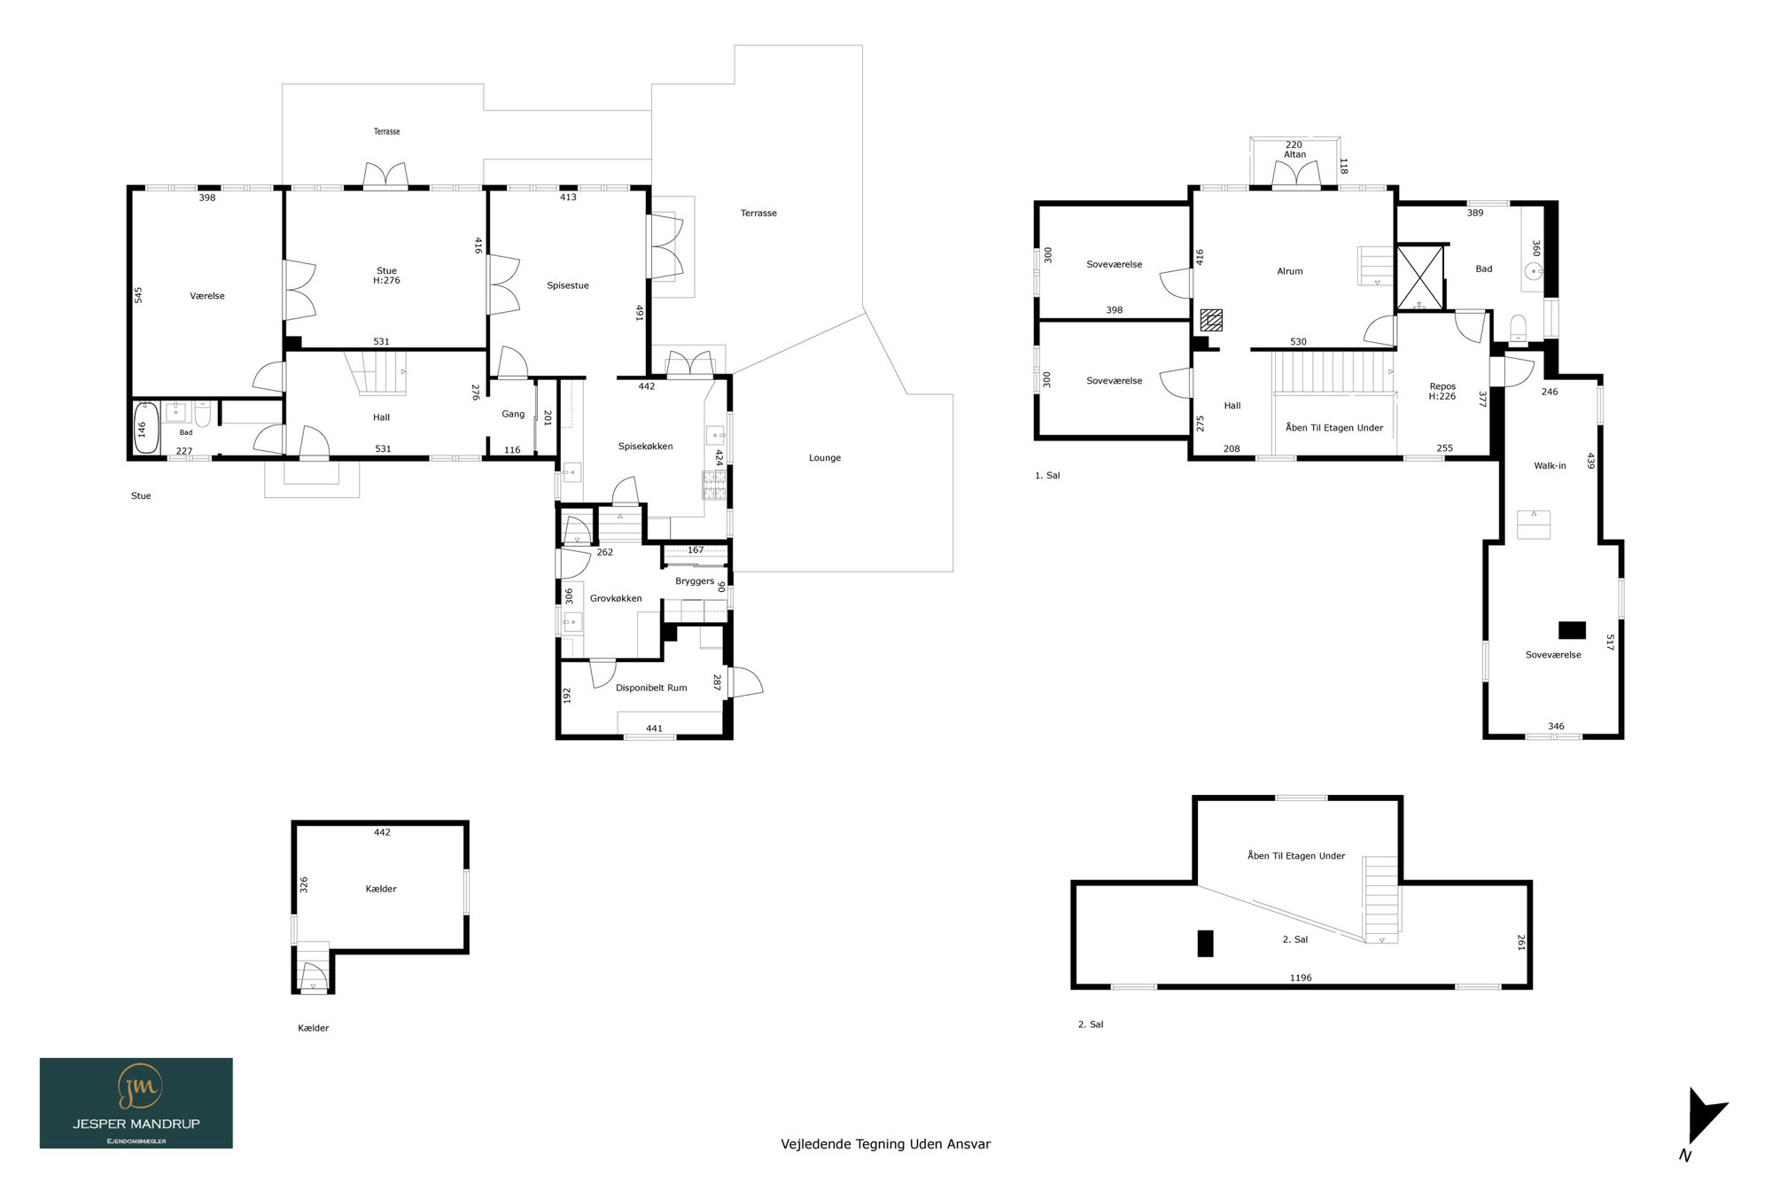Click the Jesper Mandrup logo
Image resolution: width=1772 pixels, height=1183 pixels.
coord(136,1102)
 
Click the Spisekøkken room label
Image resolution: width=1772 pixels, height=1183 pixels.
coord(645,447)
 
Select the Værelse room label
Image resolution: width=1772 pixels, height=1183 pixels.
coord(207,296)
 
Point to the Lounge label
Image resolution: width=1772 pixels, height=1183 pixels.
coord(825,458)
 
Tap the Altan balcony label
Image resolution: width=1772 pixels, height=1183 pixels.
coord(1294,154)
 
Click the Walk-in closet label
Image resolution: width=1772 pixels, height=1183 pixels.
coord(1550,465)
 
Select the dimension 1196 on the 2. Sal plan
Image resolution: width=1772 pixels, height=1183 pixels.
coord(1301,977)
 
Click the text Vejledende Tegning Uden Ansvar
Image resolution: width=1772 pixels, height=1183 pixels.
coord(885,1144)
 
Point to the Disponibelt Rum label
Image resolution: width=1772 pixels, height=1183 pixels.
coord(651,688)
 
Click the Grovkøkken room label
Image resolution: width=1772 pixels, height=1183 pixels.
coord(616,598)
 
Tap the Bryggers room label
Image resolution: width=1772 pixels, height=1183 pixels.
coord(695,581)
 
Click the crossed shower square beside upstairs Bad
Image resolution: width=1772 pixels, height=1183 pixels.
coord(1419,278)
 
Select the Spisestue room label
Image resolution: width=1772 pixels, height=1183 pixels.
coord(567,285)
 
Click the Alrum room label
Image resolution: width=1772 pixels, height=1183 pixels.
coord(1289,271)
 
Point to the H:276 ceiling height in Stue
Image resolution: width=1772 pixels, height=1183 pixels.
coord(386,280)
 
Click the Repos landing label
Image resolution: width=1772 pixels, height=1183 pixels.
coord(1442,386)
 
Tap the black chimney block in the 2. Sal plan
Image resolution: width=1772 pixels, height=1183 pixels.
coord(1205,943)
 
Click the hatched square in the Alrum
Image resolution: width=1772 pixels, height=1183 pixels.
coord(1211,320)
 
